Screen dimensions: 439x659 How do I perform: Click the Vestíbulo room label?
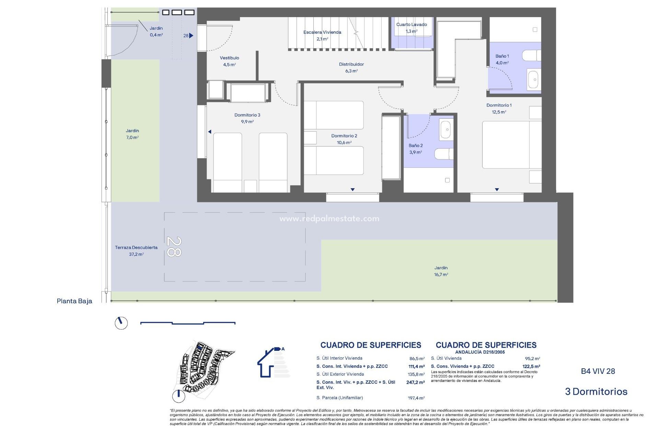pyautogui.click(x=229, y=61)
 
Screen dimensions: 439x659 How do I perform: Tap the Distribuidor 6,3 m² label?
pyautogui.click(x=351, y=68)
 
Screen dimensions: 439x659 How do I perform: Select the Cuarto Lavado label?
pyautogui.click(x=411, y=27)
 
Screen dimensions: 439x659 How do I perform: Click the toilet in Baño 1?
pyautogui.click(x=531, y=56)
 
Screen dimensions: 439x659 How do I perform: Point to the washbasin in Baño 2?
pyautogui.click(x=446, y=129)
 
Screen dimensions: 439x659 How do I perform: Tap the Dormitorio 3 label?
pyautogui.click(x=247, y=118)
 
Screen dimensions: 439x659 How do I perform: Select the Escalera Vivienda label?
pyautogui.click(x=322, y=35)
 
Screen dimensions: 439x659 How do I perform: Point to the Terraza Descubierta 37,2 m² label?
pyautogui.click(x=136, y=251)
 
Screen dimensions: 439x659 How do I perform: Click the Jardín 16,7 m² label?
pyautogui.click(x=441, y=271)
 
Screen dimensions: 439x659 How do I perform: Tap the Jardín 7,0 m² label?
pyautogui.click(x=132, y=134)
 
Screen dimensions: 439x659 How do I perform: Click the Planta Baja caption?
pyautogui.click(x=74, y=301)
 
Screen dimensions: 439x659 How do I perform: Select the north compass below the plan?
pyautogui.click(x=121, y=323)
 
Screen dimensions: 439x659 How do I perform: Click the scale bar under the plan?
pyautogui.click(x=188, y=323)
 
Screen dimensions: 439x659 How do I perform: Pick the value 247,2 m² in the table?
pyautogui.click(x=415, y=382)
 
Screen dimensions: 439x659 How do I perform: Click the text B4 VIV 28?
pyautogui.click(x=598, y=371)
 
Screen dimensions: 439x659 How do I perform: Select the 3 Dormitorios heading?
pyautogui.click(x=596, y=392)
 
